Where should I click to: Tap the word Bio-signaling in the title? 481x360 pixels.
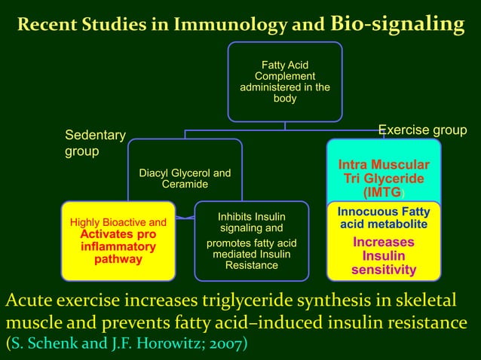coord(397,23)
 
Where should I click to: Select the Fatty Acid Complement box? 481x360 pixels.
coord(284,81)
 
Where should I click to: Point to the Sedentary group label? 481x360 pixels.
coord(94,143)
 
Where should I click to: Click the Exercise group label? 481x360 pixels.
coord(421,130)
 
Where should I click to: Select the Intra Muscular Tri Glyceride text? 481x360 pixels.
coord(384,172)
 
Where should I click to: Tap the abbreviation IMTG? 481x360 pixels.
coord(382,193)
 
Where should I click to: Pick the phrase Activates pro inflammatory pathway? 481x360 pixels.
coord(118,246)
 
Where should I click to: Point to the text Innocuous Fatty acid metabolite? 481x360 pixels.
coord(383,218)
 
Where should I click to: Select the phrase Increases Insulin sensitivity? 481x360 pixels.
coord(383,256)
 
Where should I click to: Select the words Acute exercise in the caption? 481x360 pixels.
coord(65,302)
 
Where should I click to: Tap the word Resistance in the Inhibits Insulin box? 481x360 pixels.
coord(251,265)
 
